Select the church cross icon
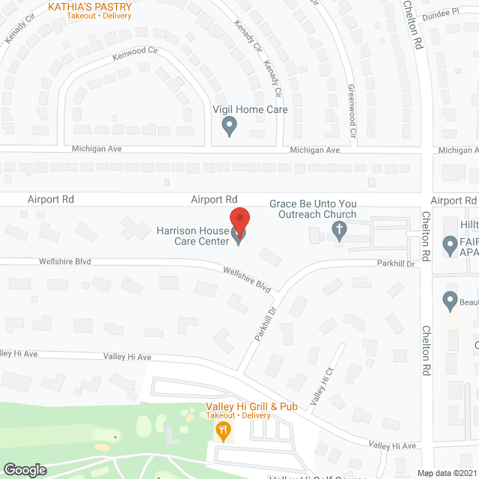339,231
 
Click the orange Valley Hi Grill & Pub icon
222,430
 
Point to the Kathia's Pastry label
90,7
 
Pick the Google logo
25,469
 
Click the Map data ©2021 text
446,473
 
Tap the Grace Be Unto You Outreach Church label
313,209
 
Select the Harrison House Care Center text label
192,236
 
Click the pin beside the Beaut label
450,301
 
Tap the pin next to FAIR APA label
450,245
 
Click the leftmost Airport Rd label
51,200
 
